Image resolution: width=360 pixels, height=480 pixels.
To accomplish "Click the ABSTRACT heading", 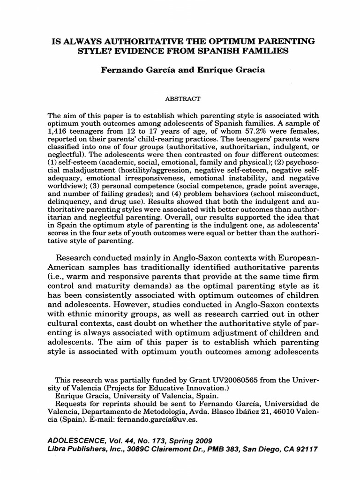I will point(183,99).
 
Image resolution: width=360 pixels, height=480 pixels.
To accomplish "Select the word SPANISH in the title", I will point(230,51).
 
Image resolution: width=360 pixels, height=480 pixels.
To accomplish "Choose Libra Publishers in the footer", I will point(75,449).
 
